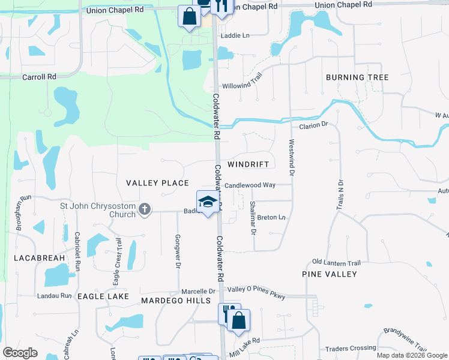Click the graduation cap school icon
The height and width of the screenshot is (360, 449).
(207, 202)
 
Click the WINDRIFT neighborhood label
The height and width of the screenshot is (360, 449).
(251, 164)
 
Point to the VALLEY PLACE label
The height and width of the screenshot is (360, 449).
(157, 183)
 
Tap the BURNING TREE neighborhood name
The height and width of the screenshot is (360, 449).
(357, 77)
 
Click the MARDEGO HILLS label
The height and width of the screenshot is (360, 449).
(176, 300)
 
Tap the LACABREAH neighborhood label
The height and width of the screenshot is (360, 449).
(38, 257)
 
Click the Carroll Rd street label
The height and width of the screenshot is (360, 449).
(39, 77)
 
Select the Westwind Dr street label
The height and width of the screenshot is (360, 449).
(292, 158)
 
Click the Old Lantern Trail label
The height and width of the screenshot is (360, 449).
(336, 263)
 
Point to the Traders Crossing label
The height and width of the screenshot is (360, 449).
(351, 348)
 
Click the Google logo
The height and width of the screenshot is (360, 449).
(20, 353)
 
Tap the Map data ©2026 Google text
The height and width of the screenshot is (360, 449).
(411, 355)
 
